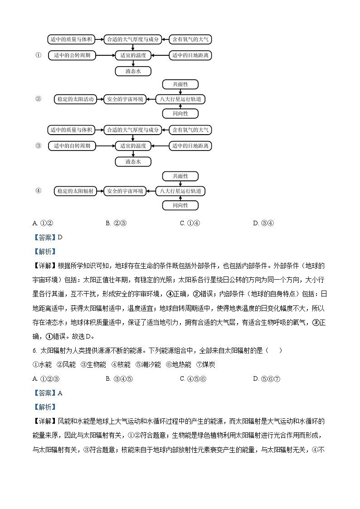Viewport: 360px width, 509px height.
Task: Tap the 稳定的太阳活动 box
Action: pos(75,99)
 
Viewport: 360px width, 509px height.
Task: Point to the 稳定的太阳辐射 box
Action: pos(75,191)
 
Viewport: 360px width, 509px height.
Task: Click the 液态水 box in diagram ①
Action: pos(133,71)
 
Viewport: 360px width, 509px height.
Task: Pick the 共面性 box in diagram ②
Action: pos(180,84)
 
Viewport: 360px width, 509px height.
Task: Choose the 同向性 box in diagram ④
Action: pos(180,206)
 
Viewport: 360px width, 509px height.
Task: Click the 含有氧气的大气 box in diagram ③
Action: pos(190,130)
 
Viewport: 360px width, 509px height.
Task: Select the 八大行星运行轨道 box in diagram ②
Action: pos(180,99)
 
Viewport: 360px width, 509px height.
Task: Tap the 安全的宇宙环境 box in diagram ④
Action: pos(125,191)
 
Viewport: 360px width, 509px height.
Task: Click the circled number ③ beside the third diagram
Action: pos(39,146)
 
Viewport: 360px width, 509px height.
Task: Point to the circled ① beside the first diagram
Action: pos(39,55)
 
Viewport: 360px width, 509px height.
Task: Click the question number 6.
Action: pos(34,350)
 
